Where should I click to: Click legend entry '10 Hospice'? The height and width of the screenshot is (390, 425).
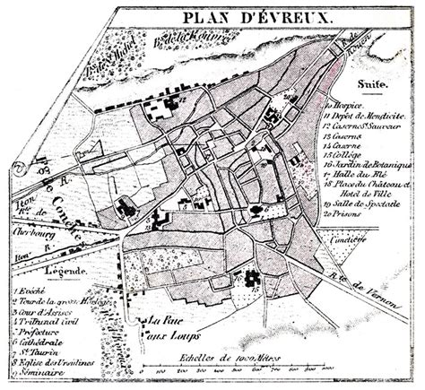(345, 105)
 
